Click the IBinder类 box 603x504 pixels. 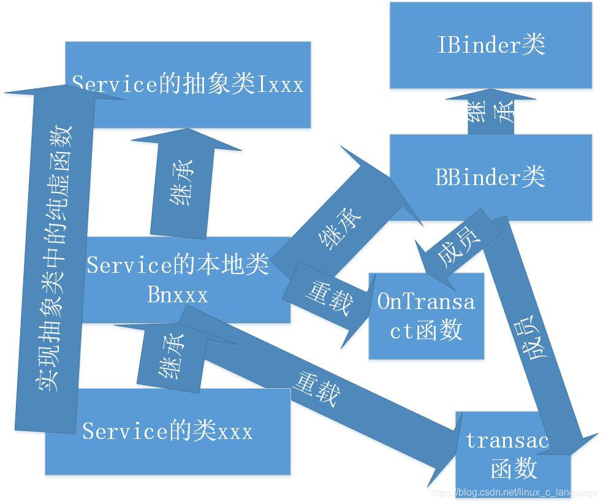pos(491,45)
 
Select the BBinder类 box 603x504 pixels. pos(490,177)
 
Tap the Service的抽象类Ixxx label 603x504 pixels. pos(188,84)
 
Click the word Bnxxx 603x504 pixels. pos(178,295)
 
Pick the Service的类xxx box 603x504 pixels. pos(167,431)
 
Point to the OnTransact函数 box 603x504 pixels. pos(426,316)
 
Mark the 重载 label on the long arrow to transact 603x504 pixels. pos(316,388)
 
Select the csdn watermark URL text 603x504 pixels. pos(514,492)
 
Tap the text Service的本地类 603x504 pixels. pos(178,265)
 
